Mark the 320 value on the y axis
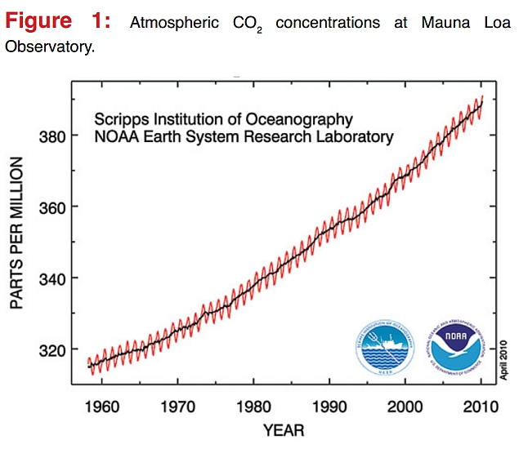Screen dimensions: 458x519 pyautogui.click(x=51, y=350)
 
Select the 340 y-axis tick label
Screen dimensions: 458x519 pyautogui.click(x=51, y=278)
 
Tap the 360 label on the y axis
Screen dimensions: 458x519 pyautogui.click(x=51, y=207)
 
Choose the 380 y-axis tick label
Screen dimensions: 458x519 pyautogui.click(x=51, y=136)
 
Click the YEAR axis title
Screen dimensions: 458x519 pyautogui.click(x=284, y=430)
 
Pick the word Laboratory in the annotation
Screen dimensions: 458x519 pyautogui.click(x=356, y=137)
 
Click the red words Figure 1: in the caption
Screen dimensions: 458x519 pyautogui.click(x=63, y=22)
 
